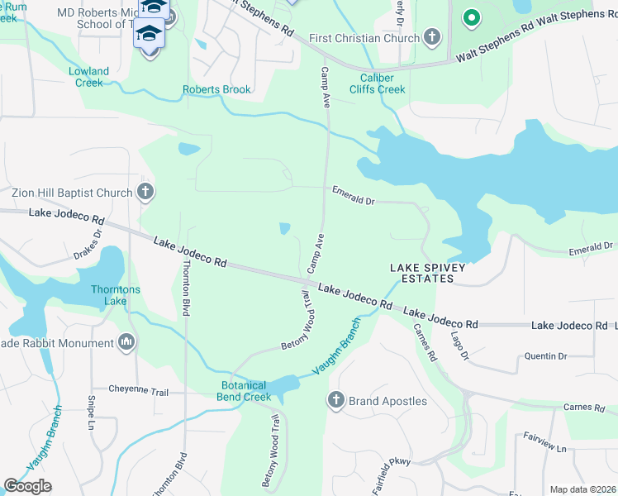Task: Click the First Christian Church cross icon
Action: tap(432, 37)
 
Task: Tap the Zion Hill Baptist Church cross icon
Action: tap(145, 193)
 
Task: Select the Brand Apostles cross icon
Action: tap(335, 401)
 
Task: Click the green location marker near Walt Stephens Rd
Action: tap(471, 16)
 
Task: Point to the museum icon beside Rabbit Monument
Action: tap(126, 342)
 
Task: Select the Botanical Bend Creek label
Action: tap(245, 391)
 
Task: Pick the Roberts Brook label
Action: tap(217, 89)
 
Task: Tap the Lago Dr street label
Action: tap(459, 346)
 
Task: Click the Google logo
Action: tap(27, 486)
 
